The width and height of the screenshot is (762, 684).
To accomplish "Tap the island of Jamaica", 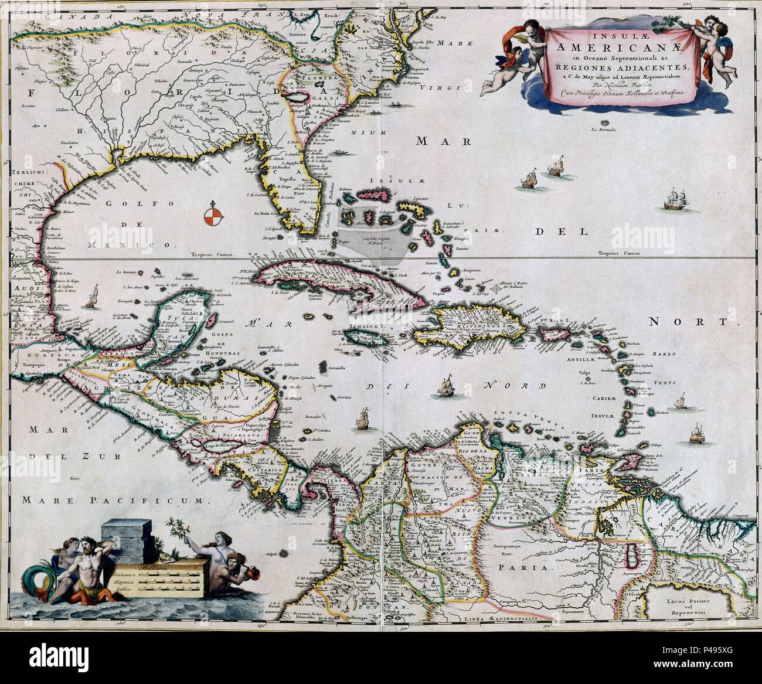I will click(360, 337).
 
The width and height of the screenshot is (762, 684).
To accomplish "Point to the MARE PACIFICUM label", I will click(115, 500).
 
